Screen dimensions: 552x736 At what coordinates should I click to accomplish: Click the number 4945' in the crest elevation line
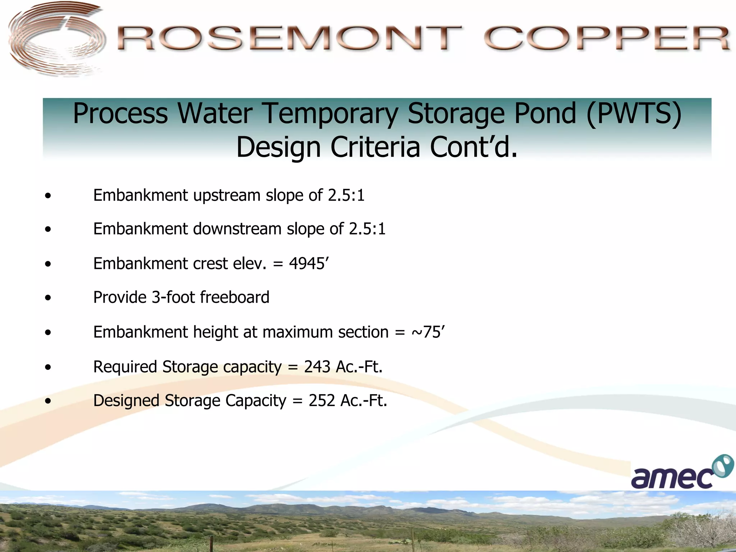coord(309,263)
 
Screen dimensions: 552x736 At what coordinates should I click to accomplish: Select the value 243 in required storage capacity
coord(317,367)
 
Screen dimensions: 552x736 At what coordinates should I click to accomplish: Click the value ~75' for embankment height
coord(428,332)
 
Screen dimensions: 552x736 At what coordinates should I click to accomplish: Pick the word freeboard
coord(234,297)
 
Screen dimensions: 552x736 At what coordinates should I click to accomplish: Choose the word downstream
coord(237,229)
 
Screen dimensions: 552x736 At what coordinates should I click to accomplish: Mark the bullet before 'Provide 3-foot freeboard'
coord(48,298)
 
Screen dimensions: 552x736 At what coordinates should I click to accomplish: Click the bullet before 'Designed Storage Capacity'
coord(48,401)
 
